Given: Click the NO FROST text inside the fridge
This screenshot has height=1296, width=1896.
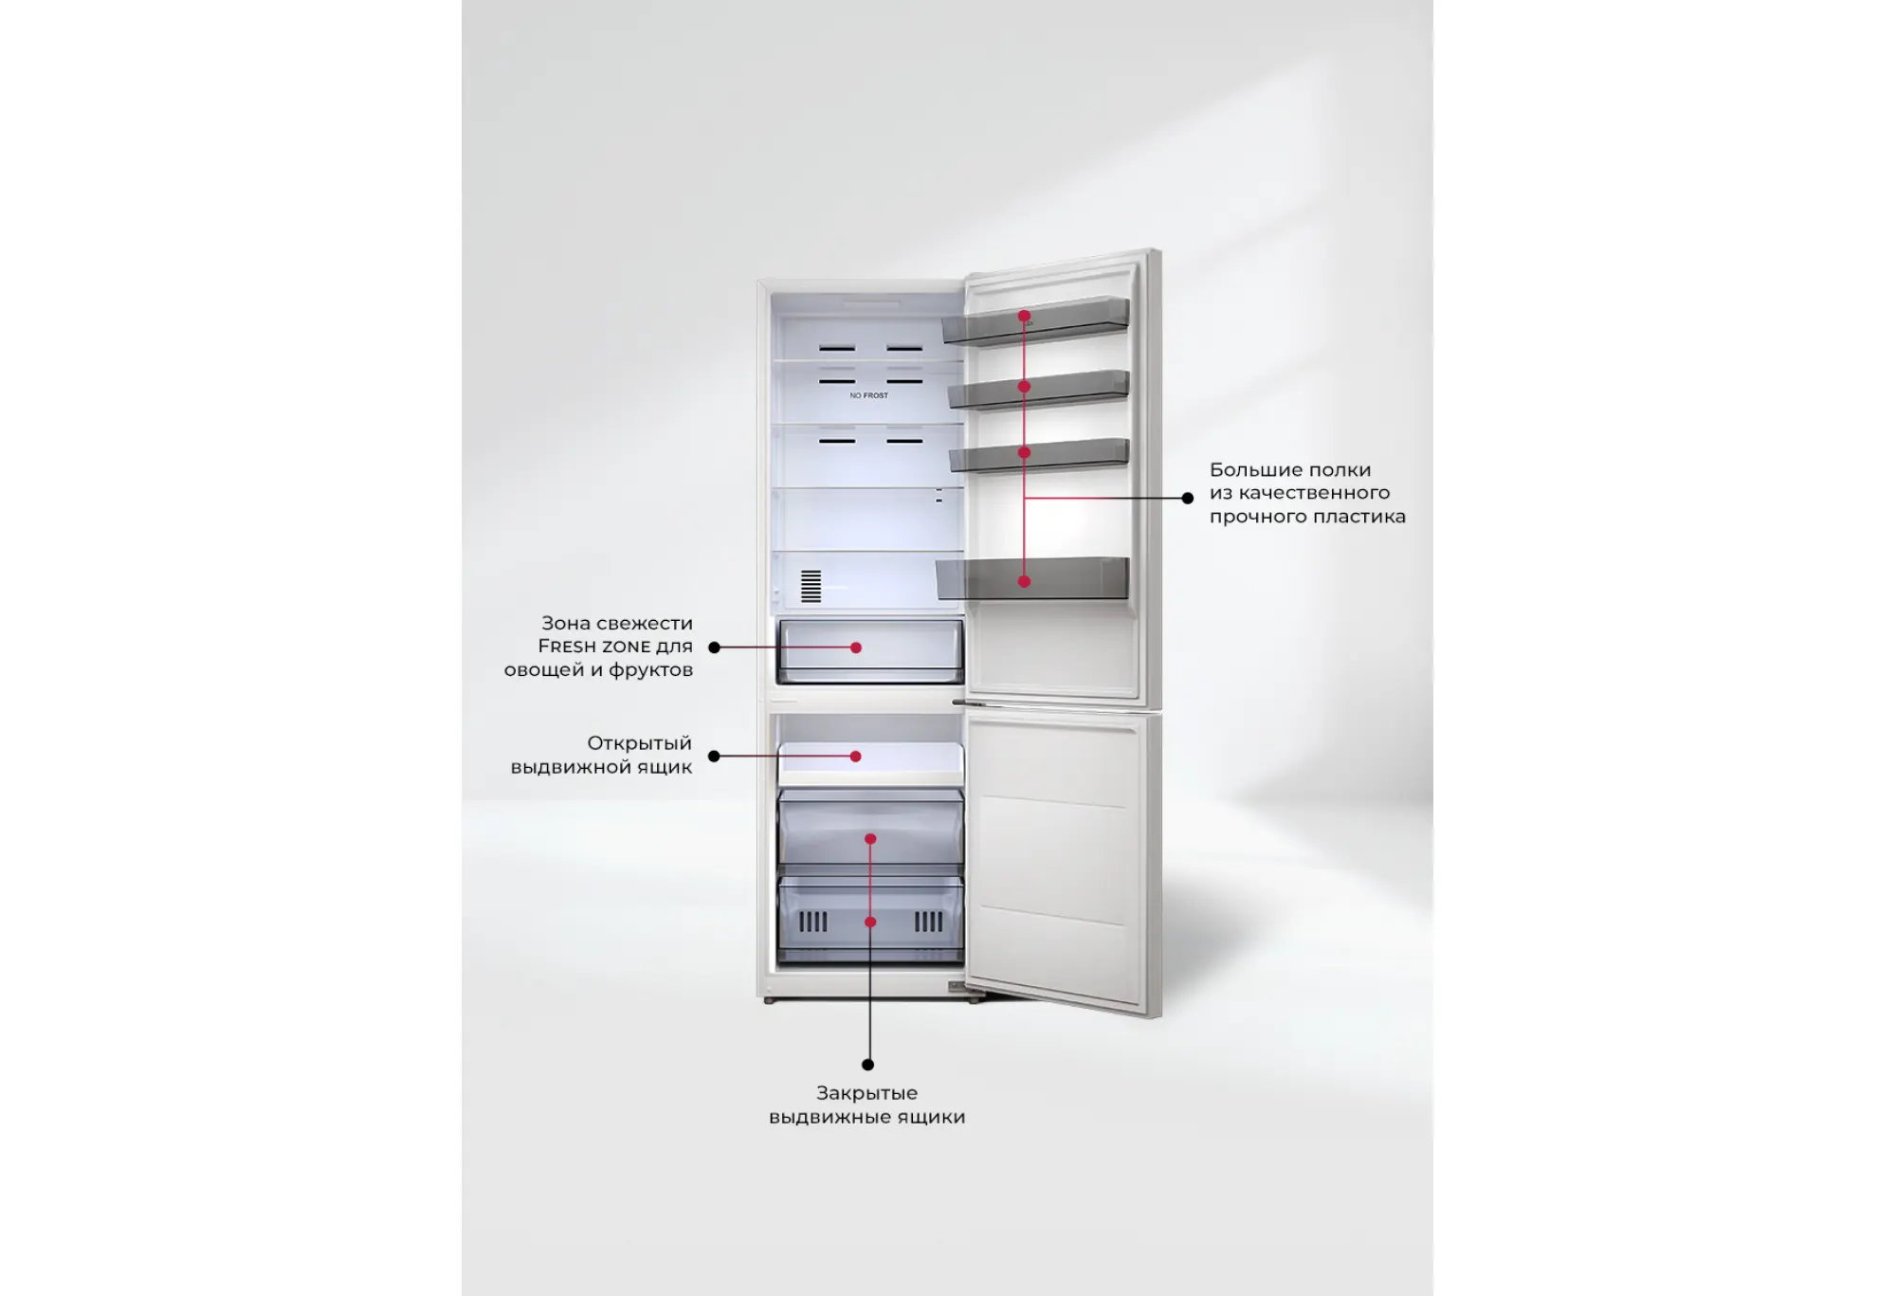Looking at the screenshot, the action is point(868,395).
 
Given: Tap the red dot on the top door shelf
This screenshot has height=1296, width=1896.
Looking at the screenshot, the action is point(1024,316).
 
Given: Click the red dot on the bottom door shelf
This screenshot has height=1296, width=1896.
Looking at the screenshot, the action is point(1024,581).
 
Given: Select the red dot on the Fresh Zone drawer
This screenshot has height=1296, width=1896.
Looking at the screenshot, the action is point(856,648).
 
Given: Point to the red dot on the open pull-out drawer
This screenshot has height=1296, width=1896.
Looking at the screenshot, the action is point(856,757).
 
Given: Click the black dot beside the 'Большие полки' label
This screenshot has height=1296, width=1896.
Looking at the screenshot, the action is point(1188,498).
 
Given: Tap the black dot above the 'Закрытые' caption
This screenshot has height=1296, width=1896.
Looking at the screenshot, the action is point(867,1065).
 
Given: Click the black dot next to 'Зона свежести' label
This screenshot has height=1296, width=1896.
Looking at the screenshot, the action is point(715,648).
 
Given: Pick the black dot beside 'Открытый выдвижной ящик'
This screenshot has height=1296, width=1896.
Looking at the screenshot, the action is point(714,757).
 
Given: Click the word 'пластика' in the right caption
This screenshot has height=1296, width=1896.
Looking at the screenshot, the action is point(1362,517).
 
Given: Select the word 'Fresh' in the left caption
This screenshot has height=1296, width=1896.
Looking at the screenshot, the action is point(567,646).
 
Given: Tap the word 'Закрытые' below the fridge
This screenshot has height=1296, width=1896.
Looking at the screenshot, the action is point(866,1093).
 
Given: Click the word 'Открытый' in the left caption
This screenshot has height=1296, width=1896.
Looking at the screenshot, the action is point(639,743).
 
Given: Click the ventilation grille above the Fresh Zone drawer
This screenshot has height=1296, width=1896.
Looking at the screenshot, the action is point(811,586).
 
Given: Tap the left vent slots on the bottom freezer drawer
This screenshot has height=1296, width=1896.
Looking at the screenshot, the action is point(813,922).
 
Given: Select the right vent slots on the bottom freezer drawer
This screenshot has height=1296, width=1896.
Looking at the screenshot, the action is point(928,922).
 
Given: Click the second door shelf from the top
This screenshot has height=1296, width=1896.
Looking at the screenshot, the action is point(1039,389).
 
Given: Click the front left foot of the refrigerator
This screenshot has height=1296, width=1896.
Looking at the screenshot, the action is point(769,1000).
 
